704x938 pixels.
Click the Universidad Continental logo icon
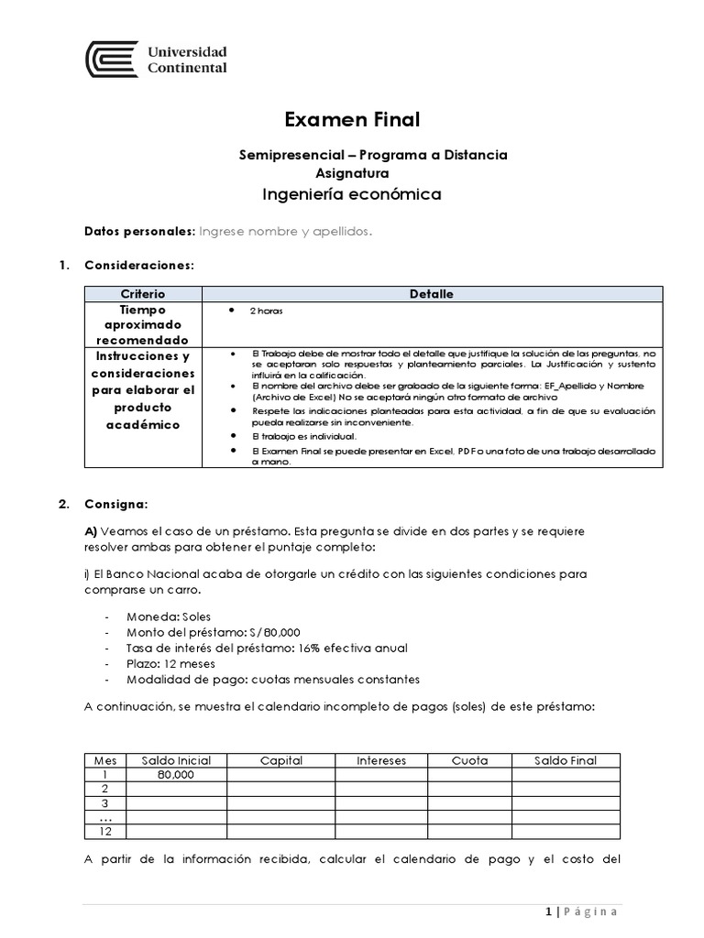tap(112, 60)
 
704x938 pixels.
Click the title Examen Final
tap(352, 120)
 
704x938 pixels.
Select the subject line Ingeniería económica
tap(352, 194)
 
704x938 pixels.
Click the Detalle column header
tap(432, 294)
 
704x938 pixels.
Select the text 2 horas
tap(266, 311)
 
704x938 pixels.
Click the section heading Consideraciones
tap(138, 266)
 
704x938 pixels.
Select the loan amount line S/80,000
tap(215, 633)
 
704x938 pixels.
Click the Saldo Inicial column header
tap(176, 760)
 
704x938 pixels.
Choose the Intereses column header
tap(380, 760)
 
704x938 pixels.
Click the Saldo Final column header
tap(566, 760)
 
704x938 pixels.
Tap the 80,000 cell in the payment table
tap(177, 775)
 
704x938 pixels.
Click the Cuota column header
tap(469, 760)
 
